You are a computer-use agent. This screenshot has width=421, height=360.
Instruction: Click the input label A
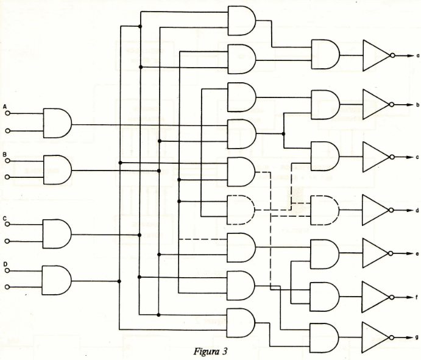pos(4,107)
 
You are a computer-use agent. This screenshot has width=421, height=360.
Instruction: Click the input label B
pos(4,155)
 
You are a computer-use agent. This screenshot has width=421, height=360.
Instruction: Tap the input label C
pos(4,219)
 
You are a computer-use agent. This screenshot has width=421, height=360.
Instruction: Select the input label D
pos(5,264)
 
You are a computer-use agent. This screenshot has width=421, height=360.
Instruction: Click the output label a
pos(418,56)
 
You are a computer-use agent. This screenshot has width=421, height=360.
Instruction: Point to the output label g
pos(417,337)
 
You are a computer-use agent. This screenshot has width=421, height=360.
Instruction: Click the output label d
pos(417,210)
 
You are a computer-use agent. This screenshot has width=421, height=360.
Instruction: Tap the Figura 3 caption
pos(211,351)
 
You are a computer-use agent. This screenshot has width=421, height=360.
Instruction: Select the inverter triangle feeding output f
pos(375,297)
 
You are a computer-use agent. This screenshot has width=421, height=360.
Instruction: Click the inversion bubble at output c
pos(392,157)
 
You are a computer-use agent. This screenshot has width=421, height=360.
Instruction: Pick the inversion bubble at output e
pos(391,253)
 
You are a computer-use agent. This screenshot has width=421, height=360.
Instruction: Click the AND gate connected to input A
pos(57,123)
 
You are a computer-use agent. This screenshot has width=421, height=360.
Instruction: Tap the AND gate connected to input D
pos(57,281)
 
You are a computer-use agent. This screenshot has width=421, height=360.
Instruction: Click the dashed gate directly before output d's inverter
pos(325,211)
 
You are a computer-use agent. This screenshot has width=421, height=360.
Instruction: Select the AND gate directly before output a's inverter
pos(325,54)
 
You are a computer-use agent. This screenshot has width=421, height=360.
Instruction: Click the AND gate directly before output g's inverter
pos(324,338)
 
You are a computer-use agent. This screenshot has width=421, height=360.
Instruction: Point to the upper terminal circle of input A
pos(7,113)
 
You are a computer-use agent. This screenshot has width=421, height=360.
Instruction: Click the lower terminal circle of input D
pos(7,287)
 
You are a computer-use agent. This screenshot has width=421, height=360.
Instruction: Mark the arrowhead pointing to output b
pos(409,105)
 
